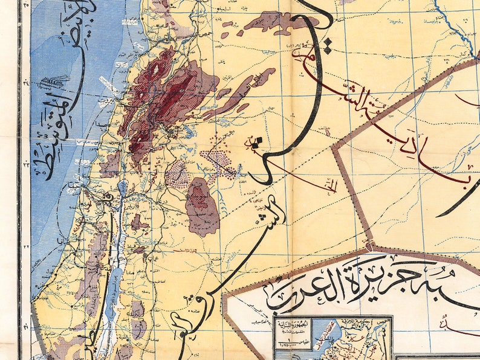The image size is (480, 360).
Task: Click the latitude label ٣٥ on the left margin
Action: (x=25, y=5)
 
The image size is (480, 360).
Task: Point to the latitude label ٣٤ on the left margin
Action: (x=25, y=83)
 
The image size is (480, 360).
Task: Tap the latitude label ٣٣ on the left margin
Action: (x=25, y=164)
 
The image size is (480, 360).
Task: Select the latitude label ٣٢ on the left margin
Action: (x=25, y=246)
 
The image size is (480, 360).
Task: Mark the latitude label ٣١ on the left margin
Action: (x=25, y=327)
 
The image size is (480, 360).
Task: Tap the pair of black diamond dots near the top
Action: (x=256, y=143)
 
